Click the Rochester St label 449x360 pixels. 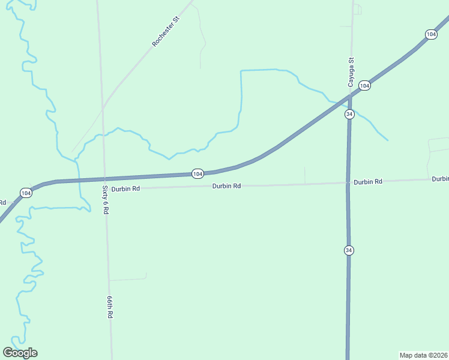coord(166,32)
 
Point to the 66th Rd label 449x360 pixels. coord(110,307)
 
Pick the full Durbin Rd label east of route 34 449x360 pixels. coord(367,181)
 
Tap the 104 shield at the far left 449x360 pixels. coord(25,193)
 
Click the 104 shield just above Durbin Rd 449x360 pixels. coord(198,173)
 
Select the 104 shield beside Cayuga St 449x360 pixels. coord(364,86)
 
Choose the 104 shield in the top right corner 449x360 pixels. coord(431,34)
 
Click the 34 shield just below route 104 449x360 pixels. coord(350,114)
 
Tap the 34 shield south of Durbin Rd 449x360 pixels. coord(349,250)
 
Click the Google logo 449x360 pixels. coord(20,352)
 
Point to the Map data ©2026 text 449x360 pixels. coord(424,355)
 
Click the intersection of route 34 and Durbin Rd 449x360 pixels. coord(348,182)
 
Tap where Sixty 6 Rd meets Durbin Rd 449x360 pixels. coord(105,189)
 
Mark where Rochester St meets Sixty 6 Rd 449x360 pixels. coord(103,109)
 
